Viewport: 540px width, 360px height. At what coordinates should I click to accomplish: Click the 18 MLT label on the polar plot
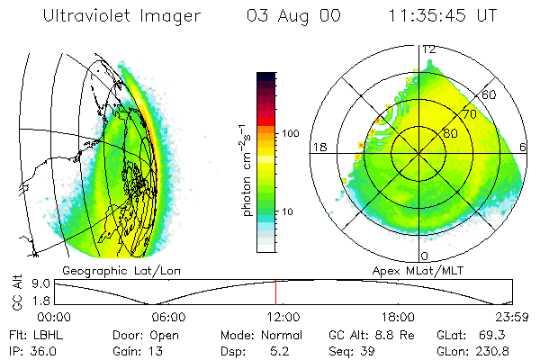pos(317,147)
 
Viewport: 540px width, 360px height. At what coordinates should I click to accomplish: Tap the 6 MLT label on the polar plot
pos(524,147)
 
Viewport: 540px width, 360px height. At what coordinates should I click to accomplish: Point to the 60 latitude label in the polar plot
pos(490,94)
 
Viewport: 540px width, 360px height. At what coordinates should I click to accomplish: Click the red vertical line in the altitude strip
pos(275,293)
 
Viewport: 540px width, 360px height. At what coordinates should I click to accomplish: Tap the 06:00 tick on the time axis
pos(168,317)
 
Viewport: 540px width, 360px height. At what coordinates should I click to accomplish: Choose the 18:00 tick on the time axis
pos(398,317)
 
